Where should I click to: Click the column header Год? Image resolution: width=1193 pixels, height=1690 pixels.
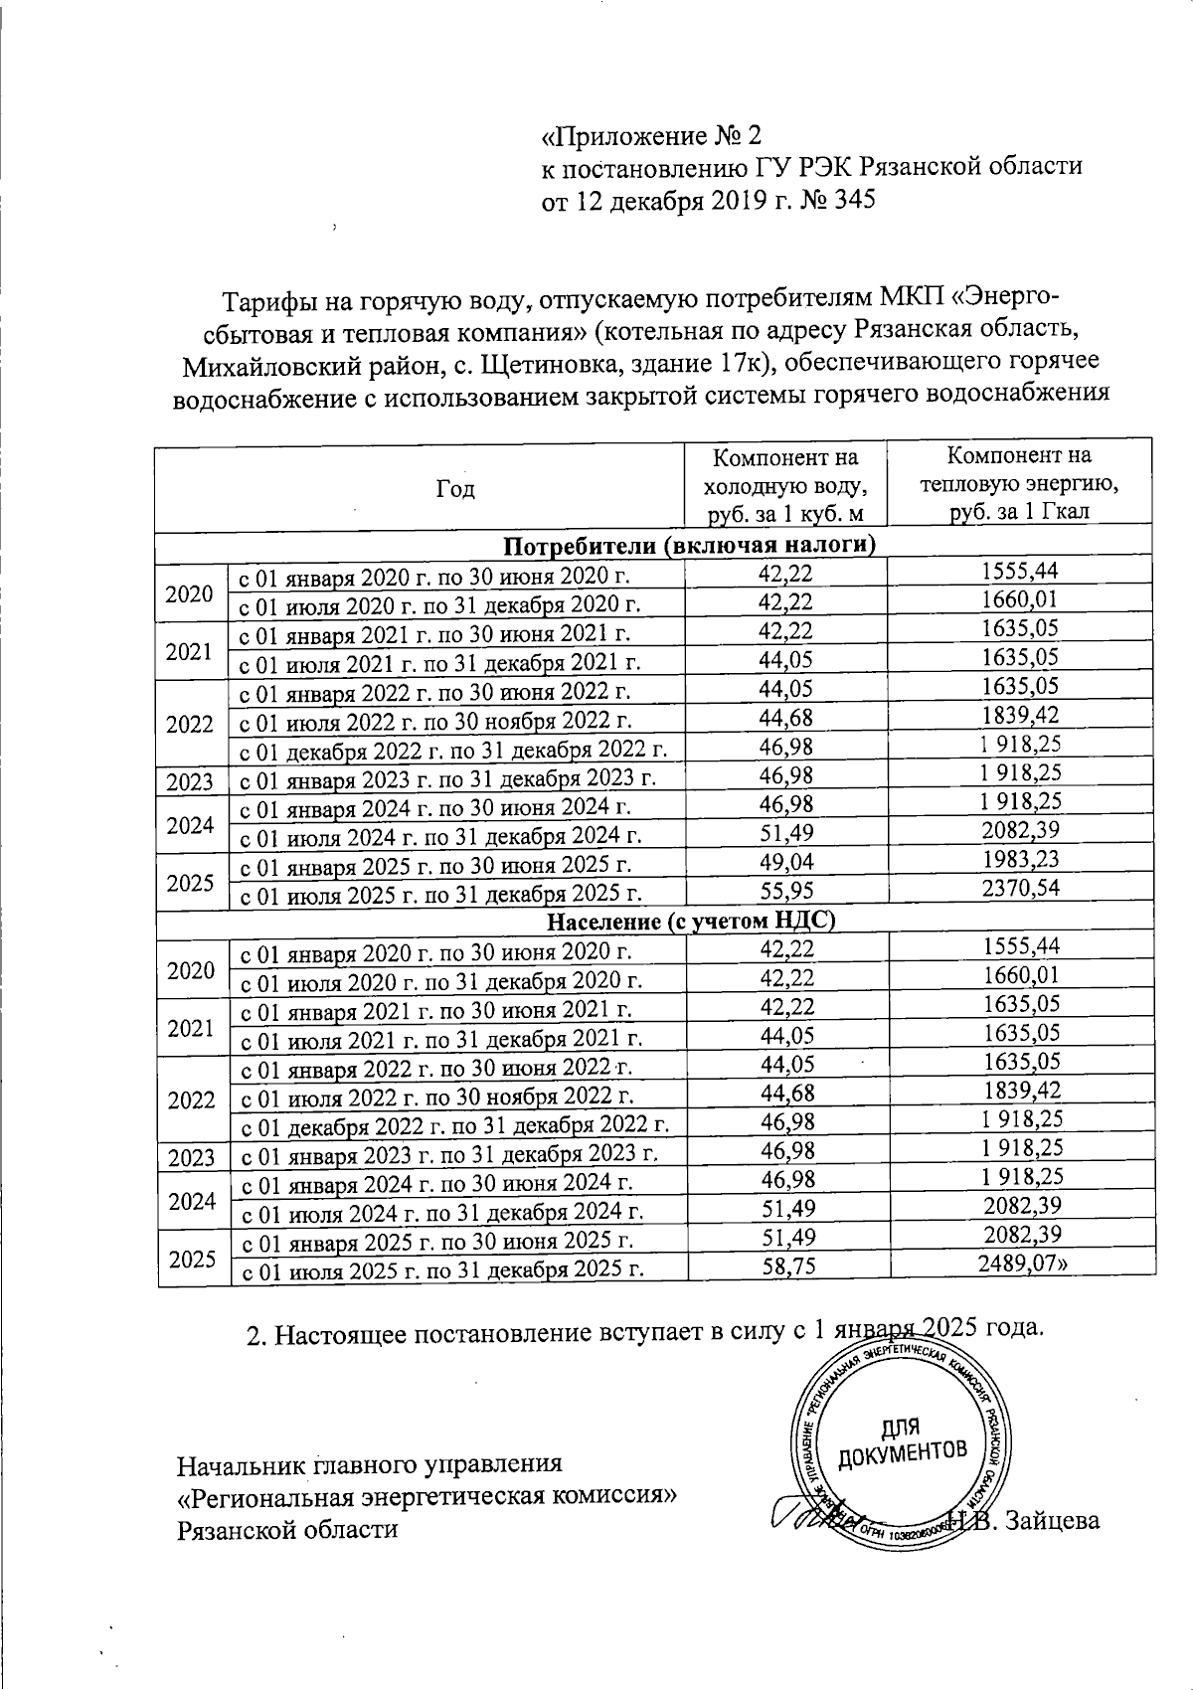pyautogui.click(x=455, y=489)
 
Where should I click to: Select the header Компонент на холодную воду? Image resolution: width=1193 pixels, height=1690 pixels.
pyautogui.click(x=785, y=484)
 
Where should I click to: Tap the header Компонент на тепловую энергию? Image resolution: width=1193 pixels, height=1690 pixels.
pyautogui.click(x=1019, y=483)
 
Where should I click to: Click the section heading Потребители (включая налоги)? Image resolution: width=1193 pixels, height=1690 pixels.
pyautogui.click(x=689, y=544)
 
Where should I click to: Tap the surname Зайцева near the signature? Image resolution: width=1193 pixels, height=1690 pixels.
pyautogui.click(x=1053, y=1520)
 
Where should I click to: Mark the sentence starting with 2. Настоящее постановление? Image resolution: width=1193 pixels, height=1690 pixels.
pyautogui.click(x=644, y=1328)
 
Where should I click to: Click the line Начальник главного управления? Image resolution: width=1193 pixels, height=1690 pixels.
pyautogui.click(x=369, y=1463)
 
